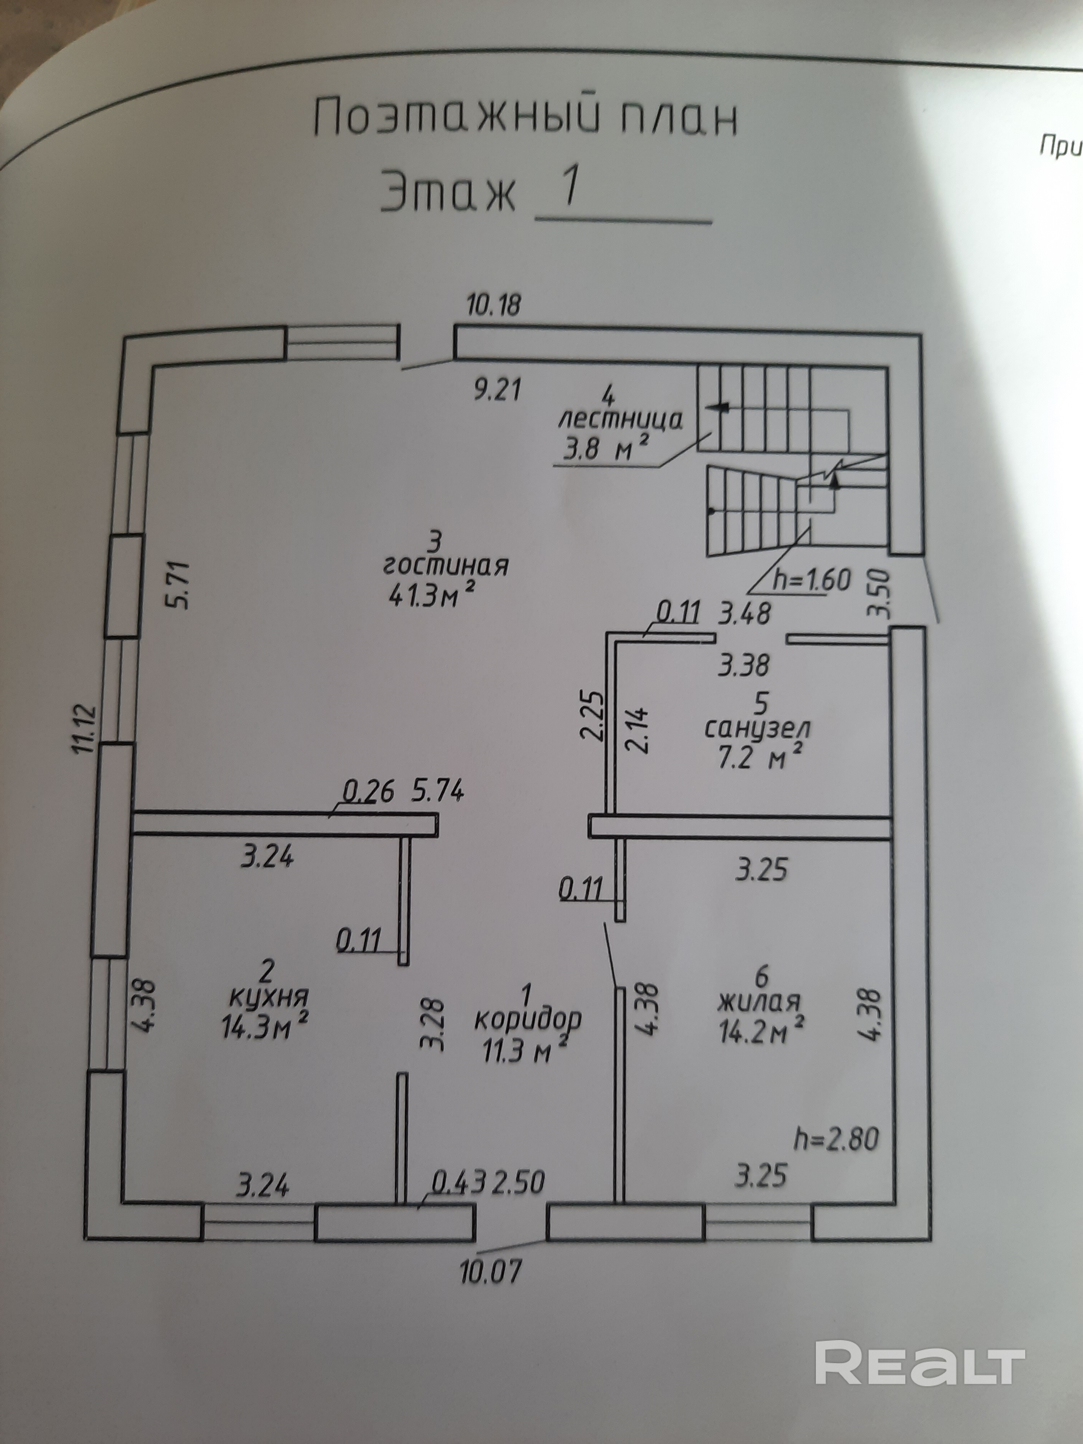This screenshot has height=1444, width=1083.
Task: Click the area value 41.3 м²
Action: click(431, 594)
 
